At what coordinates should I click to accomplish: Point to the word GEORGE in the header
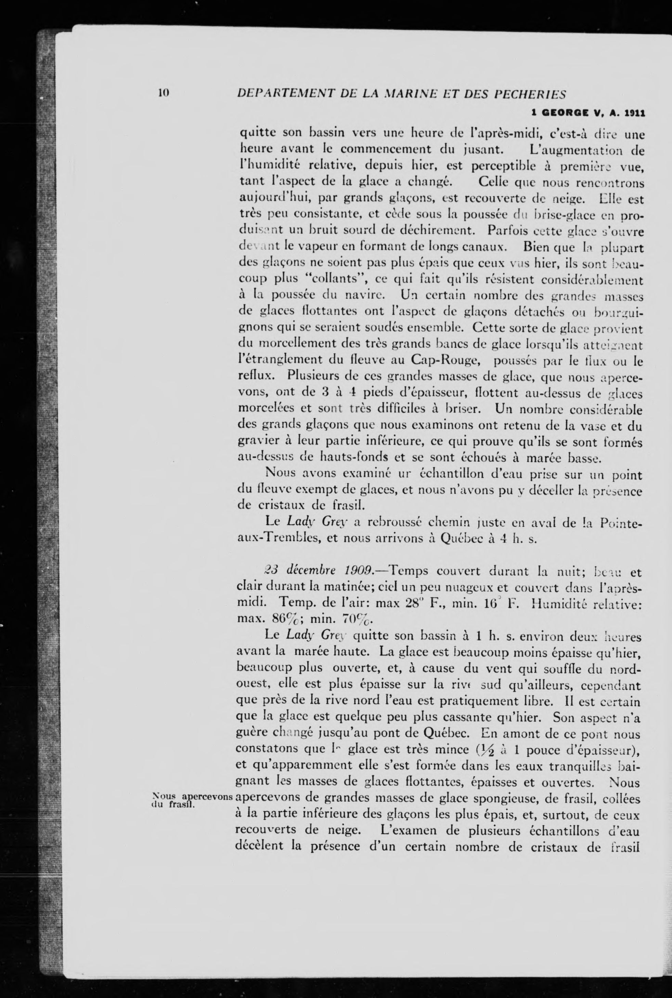565,114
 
